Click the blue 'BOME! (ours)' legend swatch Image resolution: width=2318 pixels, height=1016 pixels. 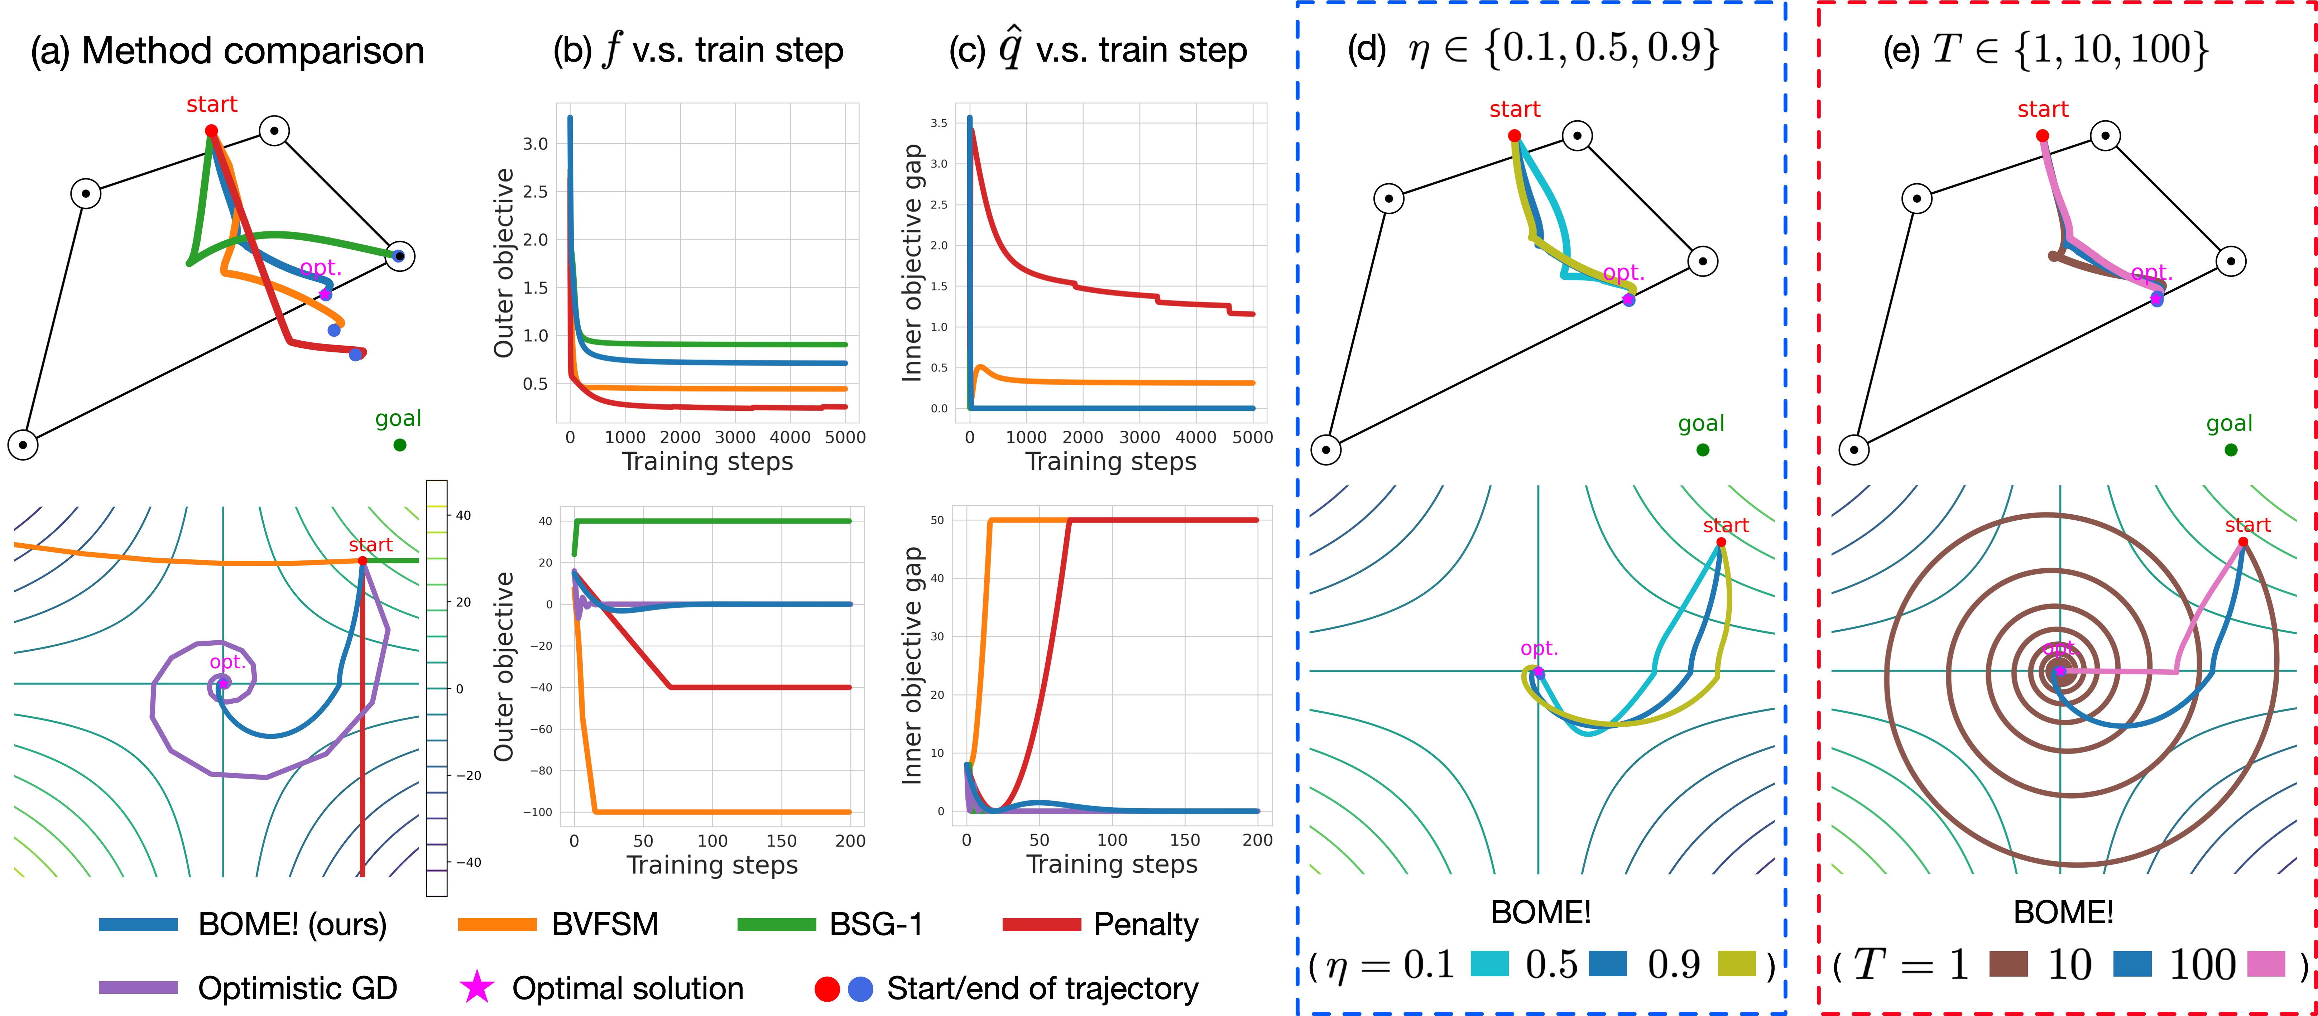[138, 924]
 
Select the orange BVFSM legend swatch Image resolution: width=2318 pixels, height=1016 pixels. [497, 924]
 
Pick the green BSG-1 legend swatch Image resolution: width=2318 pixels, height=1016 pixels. [776, 924]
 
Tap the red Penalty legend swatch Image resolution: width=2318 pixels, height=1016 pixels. [1041, 924]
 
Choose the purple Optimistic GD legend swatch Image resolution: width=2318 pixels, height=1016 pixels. [138, 987]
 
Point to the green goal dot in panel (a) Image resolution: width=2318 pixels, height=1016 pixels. [399, 444]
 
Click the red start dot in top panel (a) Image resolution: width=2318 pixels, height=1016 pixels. [211, 130]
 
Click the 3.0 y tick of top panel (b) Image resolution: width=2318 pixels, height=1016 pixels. [536, 144]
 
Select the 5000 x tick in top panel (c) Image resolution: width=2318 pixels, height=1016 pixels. [1252, 437]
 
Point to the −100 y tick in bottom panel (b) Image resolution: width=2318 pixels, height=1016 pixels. [538, 812]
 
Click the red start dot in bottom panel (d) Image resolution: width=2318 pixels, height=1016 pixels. [1720, 542]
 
